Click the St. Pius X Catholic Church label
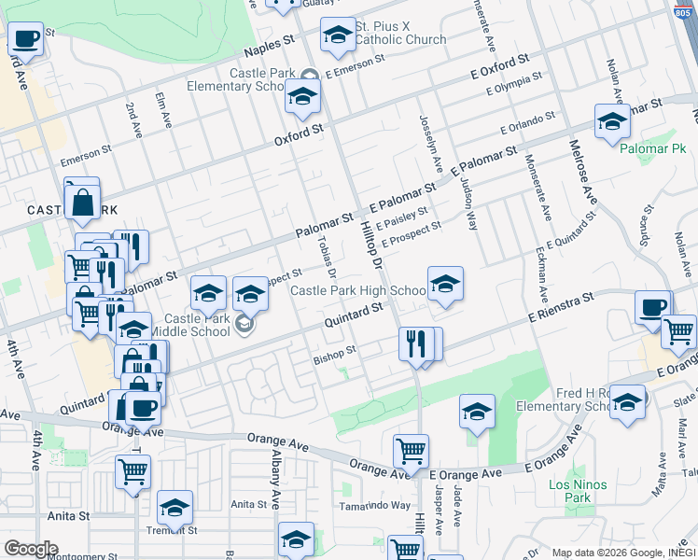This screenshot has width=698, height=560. tap(400, 33)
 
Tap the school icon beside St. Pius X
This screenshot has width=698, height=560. tap(338, 35)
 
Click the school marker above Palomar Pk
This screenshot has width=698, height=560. tap(612, 121)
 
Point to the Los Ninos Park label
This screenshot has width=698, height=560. tap(578, 491)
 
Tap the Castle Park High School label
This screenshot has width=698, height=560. tap(358, 291)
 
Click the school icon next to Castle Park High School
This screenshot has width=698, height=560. tap(445, 283)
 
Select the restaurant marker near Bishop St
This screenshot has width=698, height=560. tap(414, 343)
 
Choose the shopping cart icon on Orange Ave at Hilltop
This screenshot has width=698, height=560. tap(411, 453)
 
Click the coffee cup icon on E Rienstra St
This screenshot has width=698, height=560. tap(651, 306)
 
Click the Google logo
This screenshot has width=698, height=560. tap(31, 549)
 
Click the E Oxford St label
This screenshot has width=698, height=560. tap(498, 65)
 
